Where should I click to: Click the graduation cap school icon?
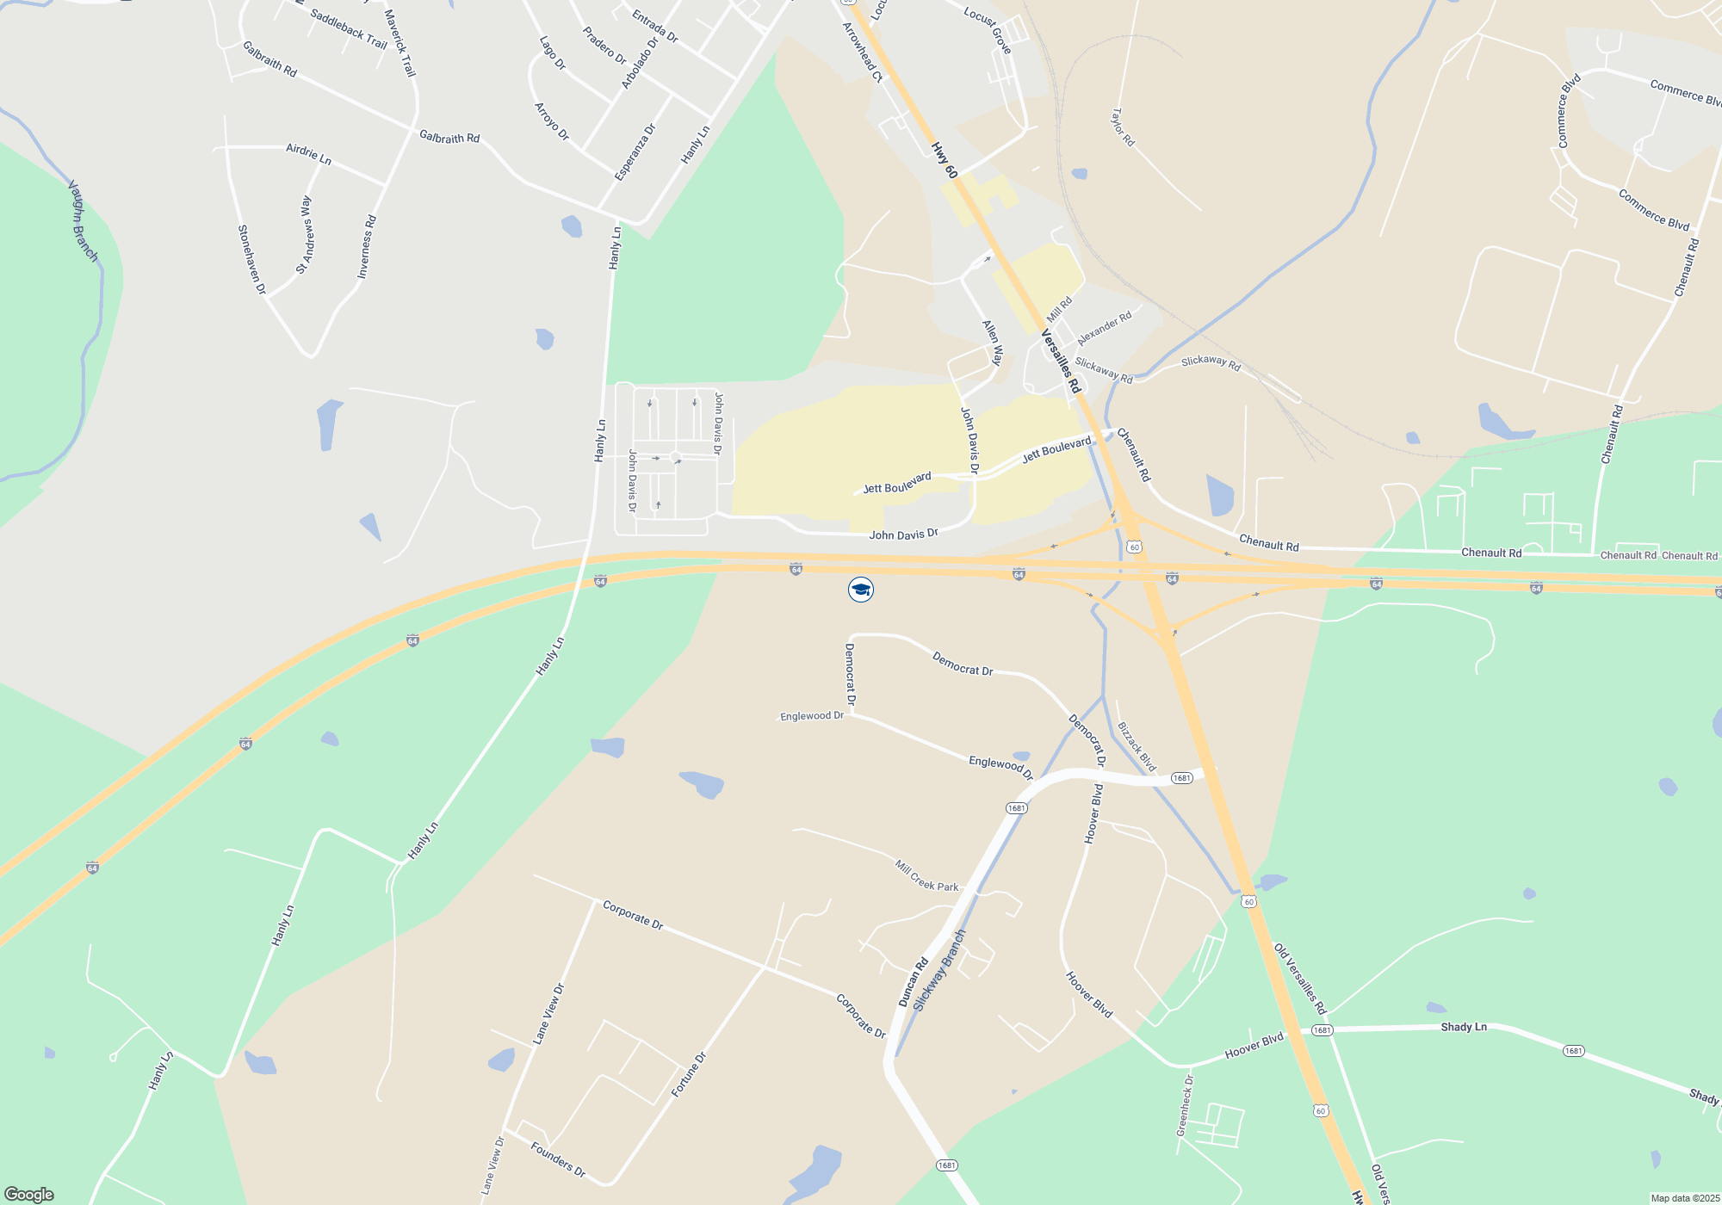(860, 590)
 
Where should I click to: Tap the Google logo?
(29, 1195)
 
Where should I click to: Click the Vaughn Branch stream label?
(83, 220)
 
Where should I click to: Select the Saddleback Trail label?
(348, 29)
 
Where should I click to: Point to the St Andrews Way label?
(304, 235)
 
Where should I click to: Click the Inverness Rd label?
(367, 246)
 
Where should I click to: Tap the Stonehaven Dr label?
(251, 260)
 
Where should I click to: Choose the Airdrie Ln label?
(308, 154)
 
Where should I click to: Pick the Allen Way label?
(993, 343)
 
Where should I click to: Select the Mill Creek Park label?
(926, 875)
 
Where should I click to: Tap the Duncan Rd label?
(914, 981)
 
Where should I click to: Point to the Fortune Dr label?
(689, 1074)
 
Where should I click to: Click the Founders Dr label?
(558, 1159)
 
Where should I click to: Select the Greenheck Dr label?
(1186, 1105)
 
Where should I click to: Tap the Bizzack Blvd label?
(1137, 746)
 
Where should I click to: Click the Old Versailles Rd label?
(1300, 979)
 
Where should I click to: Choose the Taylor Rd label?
(1123, 127)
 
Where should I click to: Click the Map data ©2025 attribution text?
(1685, 1198)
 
